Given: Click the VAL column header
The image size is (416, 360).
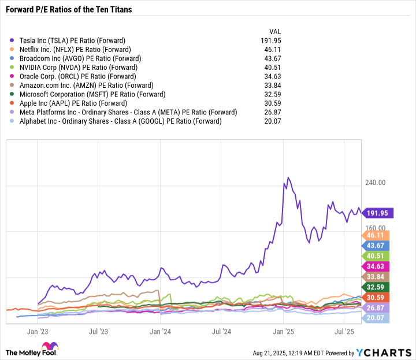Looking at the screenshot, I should click(x=276, y=31).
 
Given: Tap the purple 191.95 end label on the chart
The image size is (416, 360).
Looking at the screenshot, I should click(x=378, y=213).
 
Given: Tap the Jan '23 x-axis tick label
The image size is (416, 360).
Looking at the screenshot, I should click(x=37, y=332).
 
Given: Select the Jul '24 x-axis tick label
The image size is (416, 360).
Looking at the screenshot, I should click(x=222, y=332).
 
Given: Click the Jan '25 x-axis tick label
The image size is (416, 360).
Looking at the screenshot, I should click(x=283, y=332).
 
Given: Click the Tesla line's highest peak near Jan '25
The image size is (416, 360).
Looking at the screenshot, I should click(x=288, y=177).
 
